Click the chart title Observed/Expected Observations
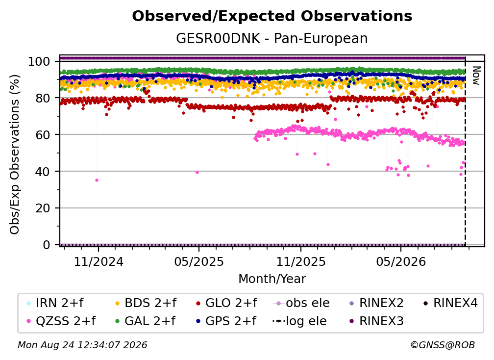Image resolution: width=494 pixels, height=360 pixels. (x=272, y=16)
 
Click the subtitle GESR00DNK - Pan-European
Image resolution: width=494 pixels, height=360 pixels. (x=272, y=38)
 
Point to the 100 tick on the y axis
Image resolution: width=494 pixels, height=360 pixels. (x=39, y=61)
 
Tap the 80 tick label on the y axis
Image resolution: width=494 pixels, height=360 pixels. (x=43, y=98)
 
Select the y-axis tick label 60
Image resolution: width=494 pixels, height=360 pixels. (x=43, y=134)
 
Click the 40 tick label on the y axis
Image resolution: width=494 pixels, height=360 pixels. (x=43, y=172)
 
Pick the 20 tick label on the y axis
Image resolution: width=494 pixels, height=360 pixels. (x=43, y=208)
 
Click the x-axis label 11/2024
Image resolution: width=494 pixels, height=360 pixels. (x=99, y=261)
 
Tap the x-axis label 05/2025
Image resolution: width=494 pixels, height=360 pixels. (x=199, y=261)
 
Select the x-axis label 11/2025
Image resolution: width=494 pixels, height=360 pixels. (x=301, y=261)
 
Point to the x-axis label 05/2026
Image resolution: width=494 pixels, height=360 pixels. (x=401, y=261)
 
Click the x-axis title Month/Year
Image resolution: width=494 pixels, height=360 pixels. (x=272, y=279)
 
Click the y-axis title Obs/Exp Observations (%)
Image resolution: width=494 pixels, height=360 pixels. (x=15, y=154)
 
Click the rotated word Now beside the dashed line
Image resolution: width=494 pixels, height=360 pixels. (x=476, y=76)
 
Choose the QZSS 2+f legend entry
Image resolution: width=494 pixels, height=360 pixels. (x=61, y=321)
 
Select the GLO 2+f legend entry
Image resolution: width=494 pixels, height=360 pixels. (x=226, y=303)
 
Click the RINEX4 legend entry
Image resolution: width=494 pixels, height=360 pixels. (x=450, y=303)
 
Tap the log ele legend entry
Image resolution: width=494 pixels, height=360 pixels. (x=299, y=321)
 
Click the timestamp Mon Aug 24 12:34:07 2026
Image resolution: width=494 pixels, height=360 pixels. (x=82, y=345)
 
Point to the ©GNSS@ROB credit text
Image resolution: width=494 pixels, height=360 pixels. (x=443, y=345)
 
